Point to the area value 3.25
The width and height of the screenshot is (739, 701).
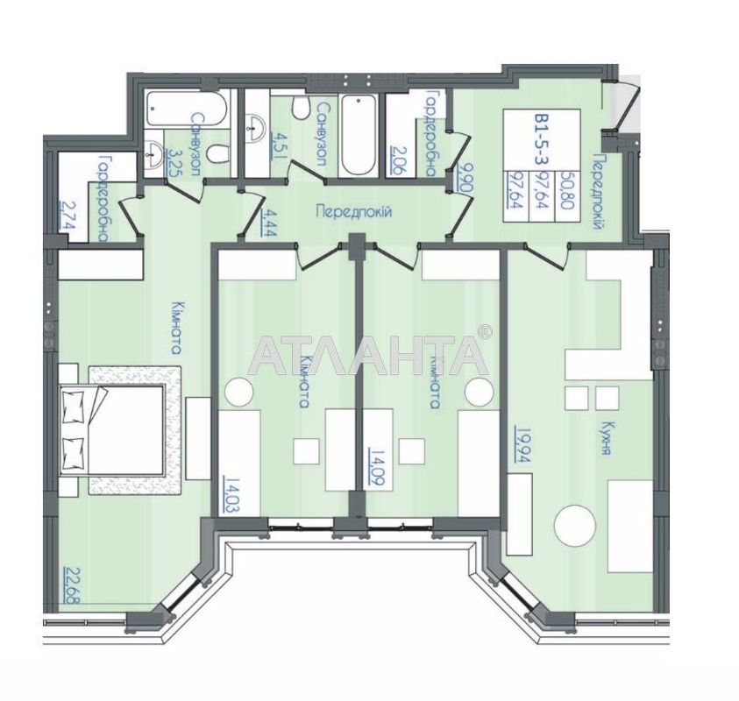[173, 161]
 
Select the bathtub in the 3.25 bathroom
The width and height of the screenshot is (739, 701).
[187, 108]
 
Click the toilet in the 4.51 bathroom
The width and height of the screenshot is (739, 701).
[300, 108]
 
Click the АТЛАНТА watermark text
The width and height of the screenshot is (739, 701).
[368, 355]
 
